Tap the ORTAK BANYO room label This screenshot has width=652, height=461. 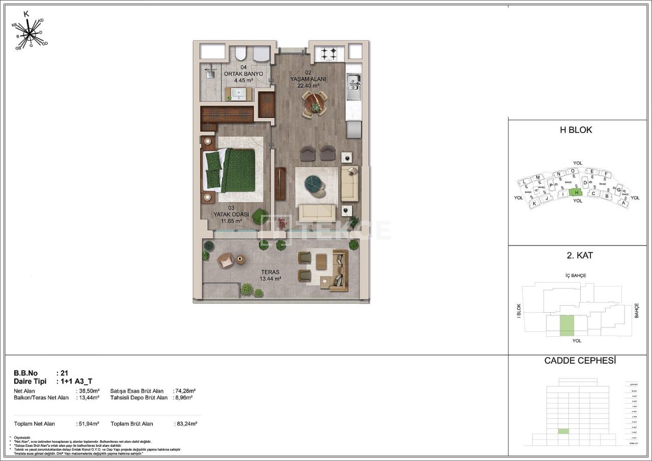[243, 74]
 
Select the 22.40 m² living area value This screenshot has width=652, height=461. [308, 86]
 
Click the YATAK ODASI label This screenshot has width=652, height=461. [231, 215]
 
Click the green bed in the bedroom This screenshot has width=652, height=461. [234, 170]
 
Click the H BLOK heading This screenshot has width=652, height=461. [576, 130]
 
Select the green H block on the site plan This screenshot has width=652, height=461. [576, 193]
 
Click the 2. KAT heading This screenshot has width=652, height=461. [576, 256]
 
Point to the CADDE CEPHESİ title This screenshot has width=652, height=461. [580, 361]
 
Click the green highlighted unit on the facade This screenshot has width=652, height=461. [563, 431]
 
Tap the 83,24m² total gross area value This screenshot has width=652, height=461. [186, 424]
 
